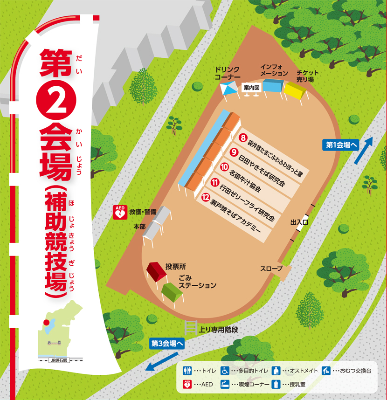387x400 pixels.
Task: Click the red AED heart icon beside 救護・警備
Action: (120, 213)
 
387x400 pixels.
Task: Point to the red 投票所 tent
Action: (156, 270)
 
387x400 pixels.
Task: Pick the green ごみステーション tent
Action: (171, 291)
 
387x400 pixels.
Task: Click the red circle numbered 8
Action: (243, 138)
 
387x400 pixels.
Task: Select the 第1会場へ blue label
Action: (339, 145)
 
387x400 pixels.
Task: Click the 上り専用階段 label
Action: (218, 329)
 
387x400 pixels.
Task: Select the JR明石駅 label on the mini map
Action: (59, 360)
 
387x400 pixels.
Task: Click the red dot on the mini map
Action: (46, 322)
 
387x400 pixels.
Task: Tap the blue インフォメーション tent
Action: (273, 85)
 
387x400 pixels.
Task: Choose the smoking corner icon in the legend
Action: (225, 384)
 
